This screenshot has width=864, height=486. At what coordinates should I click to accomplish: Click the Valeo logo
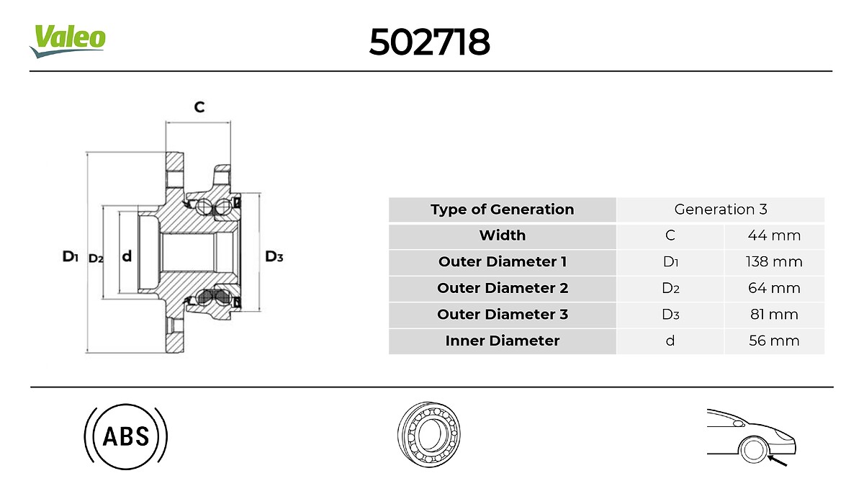click(68, 41)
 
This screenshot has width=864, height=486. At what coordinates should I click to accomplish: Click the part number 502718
click(429, 42)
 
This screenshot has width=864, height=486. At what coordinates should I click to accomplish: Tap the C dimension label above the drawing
click(199, 107)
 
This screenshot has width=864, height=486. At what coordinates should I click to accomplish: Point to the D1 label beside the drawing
click(71, 256)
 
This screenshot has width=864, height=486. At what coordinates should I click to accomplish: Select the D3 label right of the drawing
click(274, 256)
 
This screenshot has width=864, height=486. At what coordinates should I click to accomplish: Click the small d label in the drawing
click(127, 256)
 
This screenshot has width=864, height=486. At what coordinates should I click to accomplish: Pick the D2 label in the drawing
click(96, 258)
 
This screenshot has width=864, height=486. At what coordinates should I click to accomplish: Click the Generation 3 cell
click(721, 210)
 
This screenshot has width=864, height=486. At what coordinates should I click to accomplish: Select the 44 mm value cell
click(774, 235)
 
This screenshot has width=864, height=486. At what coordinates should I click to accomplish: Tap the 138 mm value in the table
click(774, 261)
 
